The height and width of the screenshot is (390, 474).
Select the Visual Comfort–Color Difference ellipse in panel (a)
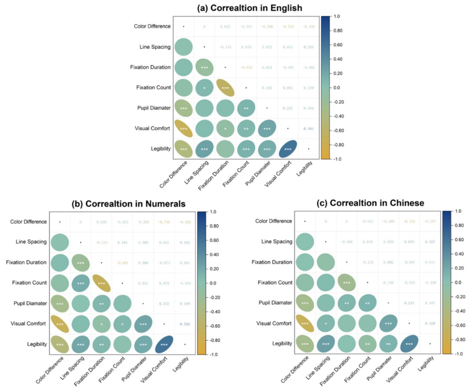click(x=183, y=128)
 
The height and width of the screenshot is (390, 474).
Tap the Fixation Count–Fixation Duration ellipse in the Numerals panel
click(x=103, y=283)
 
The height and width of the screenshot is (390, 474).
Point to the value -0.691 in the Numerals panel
click(x=124, y=263)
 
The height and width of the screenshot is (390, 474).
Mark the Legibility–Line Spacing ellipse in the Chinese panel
click(x=326, y=343)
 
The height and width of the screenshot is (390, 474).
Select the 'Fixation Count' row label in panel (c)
click(x=274, y=283)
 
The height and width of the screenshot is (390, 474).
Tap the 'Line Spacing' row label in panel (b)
click(x=32, y=242)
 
